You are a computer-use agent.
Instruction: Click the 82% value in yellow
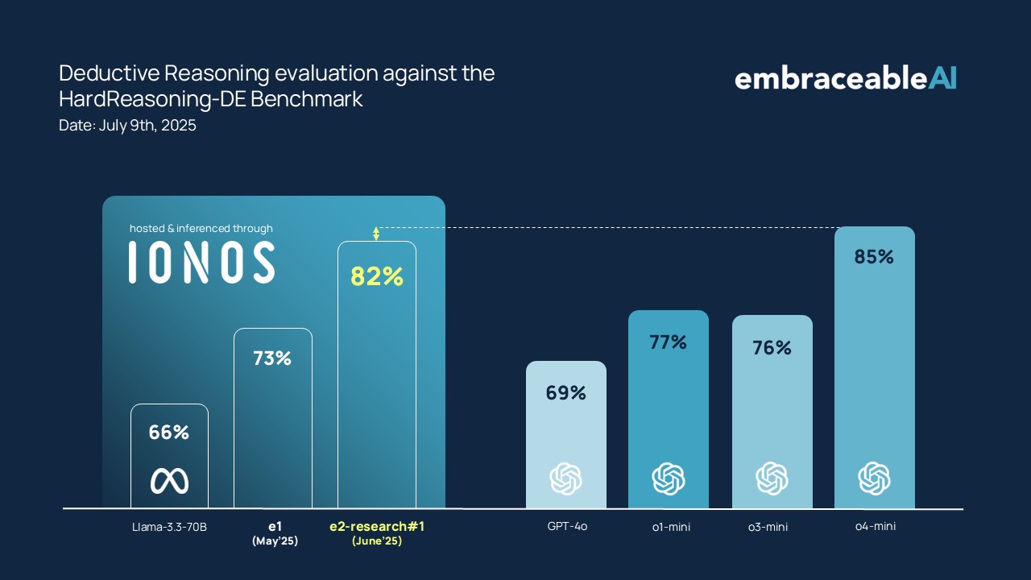[x=376, y=276]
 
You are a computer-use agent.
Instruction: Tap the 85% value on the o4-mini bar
[x=874, y=257]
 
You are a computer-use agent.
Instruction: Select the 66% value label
[x=169, y=433]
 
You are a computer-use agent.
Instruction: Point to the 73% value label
[x=272, y=358]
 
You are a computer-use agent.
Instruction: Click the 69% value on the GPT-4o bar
[x=566, y=393]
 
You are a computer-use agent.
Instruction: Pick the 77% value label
[x=669, y=342]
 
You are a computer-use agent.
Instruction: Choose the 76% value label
[x=772, y=348]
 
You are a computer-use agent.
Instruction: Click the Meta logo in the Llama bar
[x=169, y=481]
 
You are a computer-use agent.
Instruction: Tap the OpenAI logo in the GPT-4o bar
[x=566, y=478]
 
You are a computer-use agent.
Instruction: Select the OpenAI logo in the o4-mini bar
[x=874, y=478]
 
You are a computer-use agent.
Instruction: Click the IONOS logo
[x=201, y=263]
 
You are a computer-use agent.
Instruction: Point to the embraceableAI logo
[x=845, y=78]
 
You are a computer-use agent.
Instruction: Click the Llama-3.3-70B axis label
[x=170, y=528]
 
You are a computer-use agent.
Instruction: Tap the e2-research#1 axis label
[x=377, y=527]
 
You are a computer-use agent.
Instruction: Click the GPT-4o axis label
[x=567, y=527]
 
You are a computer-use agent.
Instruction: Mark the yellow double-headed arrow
[x=376, y=234]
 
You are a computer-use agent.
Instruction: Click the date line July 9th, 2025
[x=127, y=126]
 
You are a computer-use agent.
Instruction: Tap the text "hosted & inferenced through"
[x=201, y=229]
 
